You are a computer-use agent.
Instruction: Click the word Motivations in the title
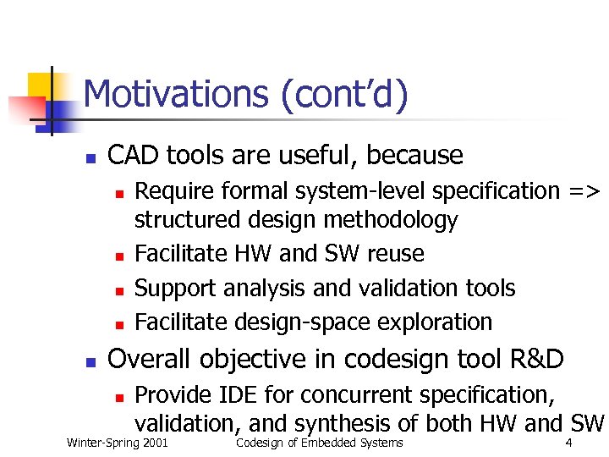point(178,94)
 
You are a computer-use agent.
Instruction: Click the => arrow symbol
point(584,191)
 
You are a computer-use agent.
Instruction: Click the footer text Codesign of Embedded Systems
point(320,443)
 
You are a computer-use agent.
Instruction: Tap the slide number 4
point(568,443)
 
